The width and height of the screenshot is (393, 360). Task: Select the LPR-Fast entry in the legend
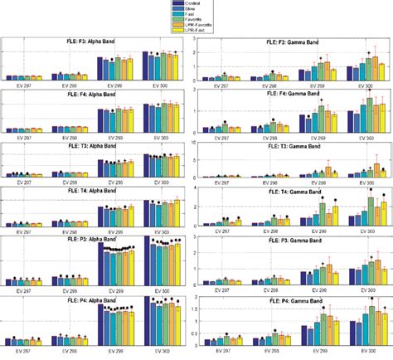(x=200, y=32)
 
